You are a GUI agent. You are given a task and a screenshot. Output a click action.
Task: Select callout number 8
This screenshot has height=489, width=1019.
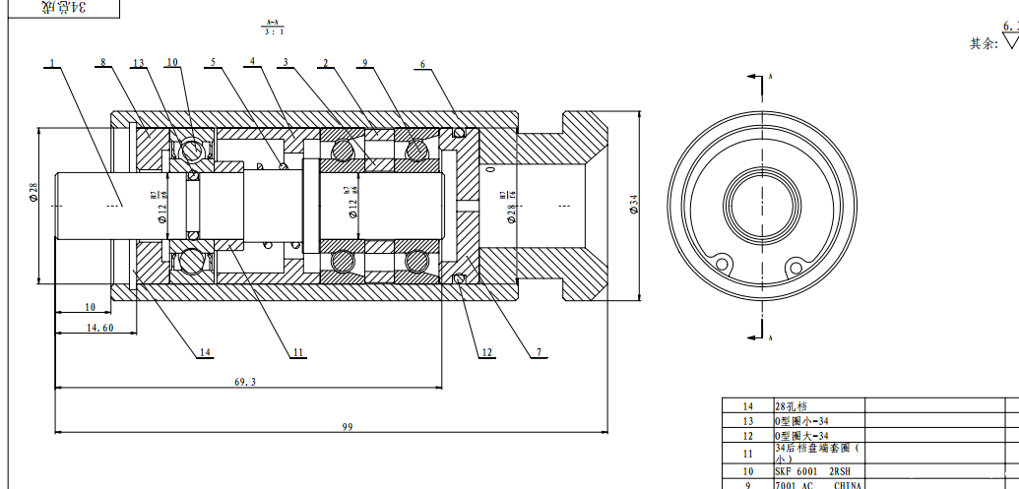pos(102,64)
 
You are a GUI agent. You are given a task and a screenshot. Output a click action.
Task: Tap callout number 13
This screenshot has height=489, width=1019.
pos(139,64)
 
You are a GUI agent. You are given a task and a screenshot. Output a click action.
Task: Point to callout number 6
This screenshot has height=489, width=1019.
pos(422,65)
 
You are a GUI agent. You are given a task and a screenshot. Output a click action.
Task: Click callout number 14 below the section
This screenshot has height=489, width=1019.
pos(205,351)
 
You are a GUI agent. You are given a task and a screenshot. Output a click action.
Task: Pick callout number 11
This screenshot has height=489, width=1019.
pos(298,351)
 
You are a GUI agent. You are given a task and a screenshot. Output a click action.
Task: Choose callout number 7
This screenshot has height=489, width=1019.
pos(539,351)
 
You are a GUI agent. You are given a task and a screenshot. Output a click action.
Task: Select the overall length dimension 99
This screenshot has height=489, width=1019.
pos(347,426)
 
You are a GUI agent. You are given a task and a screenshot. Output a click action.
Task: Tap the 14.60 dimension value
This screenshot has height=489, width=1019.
pos(99,328)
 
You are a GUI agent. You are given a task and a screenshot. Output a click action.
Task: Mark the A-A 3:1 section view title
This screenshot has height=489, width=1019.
pos(273,27)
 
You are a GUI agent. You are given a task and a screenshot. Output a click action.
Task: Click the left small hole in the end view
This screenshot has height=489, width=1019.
pos(724,264)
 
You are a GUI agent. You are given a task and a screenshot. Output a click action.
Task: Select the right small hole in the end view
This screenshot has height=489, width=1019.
pos(794,263)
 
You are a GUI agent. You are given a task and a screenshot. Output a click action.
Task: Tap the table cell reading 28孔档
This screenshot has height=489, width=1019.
pos(793,405)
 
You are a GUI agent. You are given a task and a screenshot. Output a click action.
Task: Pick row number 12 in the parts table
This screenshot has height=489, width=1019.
pos(747,435)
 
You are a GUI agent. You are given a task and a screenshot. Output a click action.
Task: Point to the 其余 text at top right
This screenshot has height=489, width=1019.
pos(984,43)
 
